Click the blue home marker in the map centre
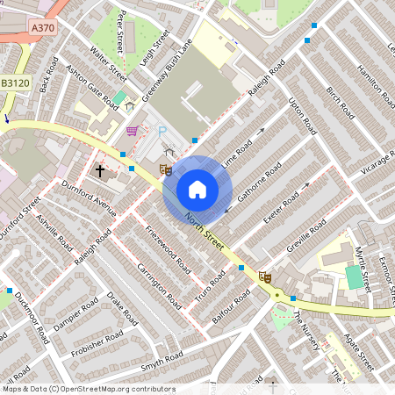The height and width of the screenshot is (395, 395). coord(197,189)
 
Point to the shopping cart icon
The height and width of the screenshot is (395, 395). coord(132,131)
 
